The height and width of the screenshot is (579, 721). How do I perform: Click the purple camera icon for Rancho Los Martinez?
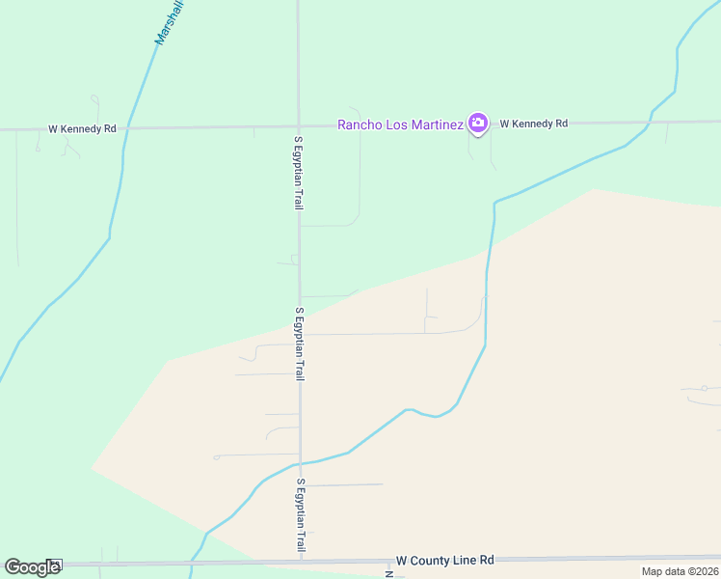tap(477, 123)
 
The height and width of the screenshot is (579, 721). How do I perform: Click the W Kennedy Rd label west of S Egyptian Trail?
tap(83, 128)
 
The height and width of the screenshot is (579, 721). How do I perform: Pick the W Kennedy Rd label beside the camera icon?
tap(534, 124)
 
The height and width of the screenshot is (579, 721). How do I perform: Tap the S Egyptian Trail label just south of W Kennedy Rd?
tap(299, 173)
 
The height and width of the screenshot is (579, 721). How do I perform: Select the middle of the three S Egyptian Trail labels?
tap(300, 345)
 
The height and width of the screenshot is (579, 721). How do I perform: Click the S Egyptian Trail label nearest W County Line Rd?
tap(301, 515)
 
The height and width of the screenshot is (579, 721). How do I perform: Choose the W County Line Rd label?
tap(445, 560)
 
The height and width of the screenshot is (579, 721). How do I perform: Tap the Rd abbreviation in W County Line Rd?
tap(487, 560)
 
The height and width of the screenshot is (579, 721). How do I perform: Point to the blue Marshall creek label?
tap(171, 21)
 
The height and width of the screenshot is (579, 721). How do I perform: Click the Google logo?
tap(32, 567)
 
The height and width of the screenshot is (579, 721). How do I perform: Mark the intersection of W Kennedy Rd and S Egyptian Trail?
tap(299, 126)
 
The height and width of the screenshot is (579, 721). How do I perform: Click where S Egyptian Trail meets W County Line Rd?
tap(301, 561)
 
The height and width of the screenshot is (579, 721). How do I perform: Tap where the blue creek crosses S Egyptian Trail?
tap(300, 463)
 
